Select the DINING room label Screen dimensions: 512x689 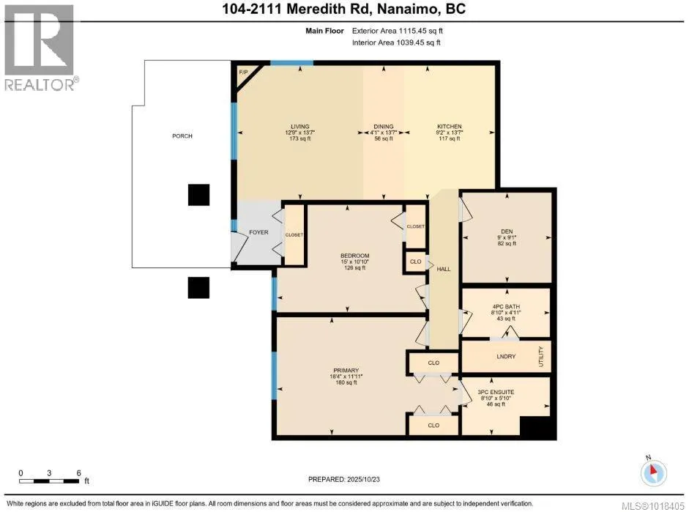point(384,127)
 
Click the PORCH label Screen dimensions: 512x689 point(182,136)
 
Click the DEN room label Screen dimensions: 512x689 point(506,231)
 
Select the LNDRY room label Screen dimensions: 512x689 point(506,357)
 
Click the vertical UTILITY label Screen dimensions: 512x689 point(542,356)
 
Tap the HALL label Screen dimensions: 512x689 point(443,269)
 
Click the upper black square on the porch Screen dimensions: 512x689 point(198,194)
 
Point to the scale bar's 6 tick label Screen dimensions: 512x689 point(78,473)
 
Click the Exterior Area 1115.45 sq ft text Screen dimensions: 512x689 point(397,31)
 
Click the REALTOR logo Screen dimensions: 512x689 point(40,49)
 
